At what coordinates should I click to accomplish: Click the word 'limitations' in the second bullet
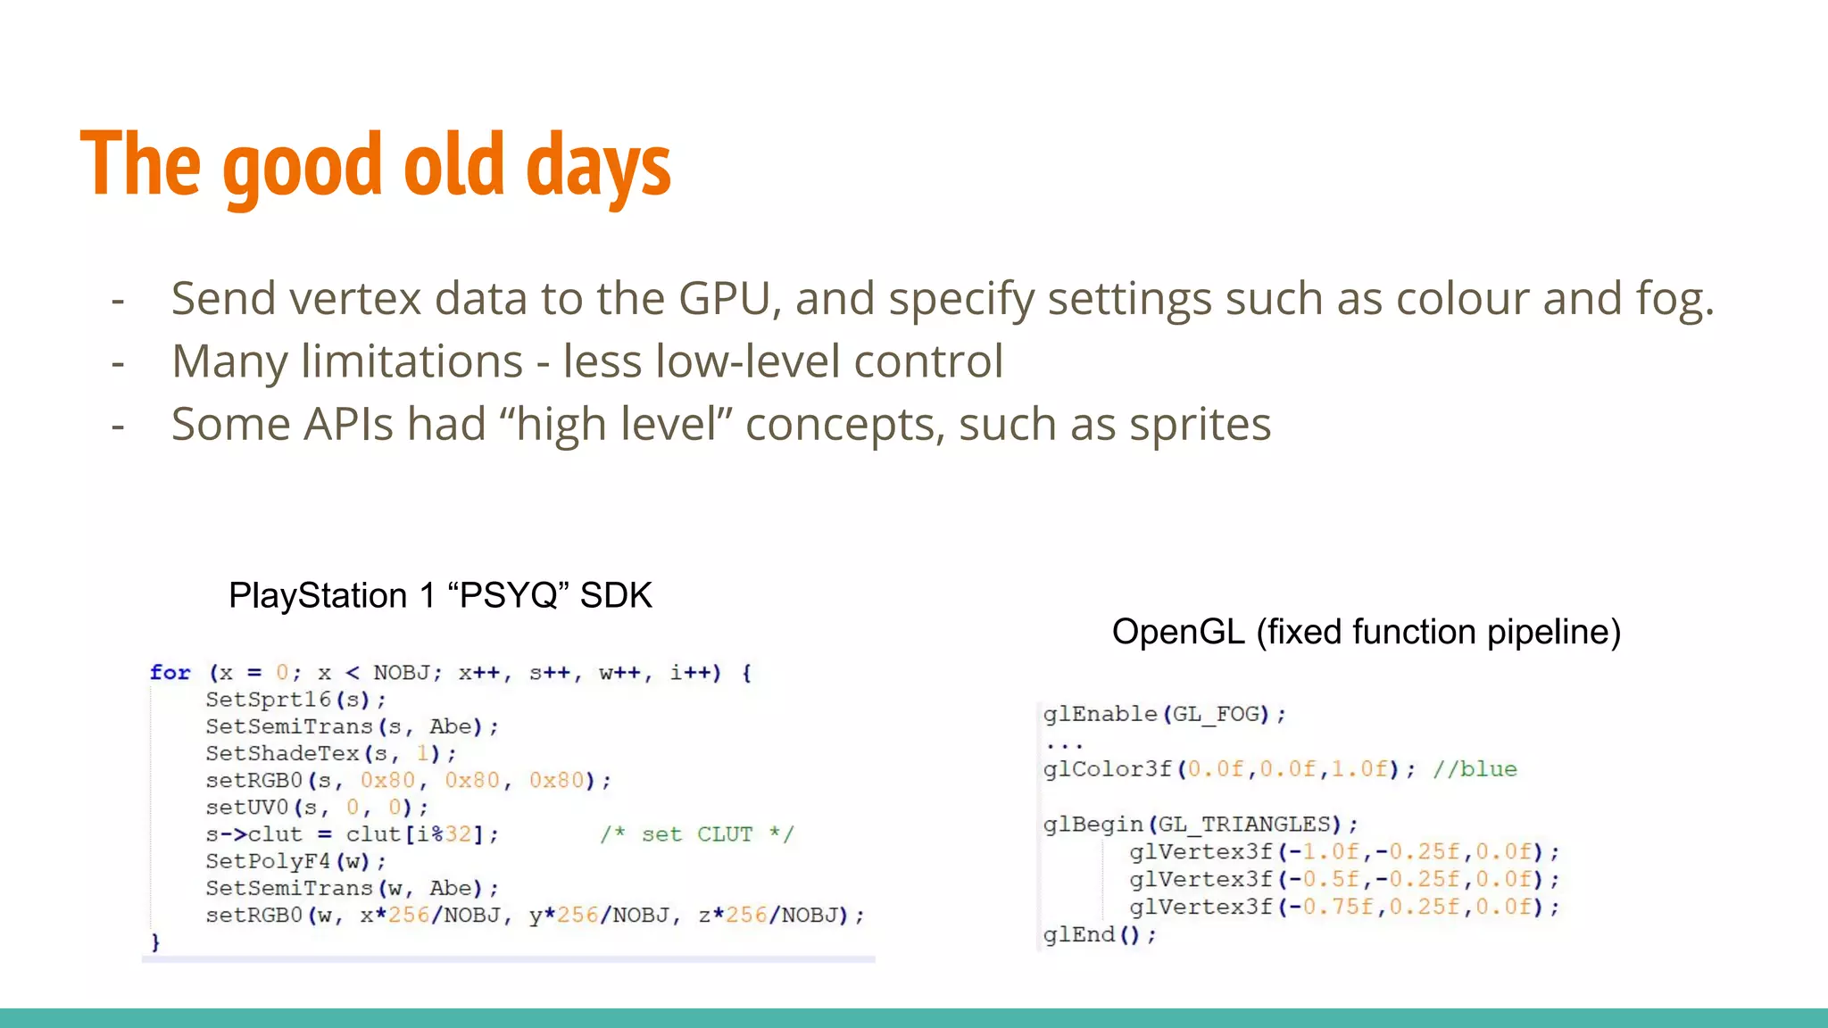pyautogui.click(x=411, y=361)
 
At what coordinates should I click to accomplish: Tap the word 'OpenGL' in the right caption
pyautogui.click(x=1177, y=632)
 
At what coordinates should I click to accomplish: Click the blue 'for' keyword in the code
pyautogui.click(x=170, y=673)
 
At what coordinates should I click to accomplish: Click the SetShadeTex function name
pyautogui.click(x=282, y=753)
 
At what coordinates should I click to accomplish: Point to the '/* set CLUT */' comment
pyautogui.click(x=696, y=834)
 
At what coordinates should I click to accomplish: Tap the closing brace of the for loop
pyautogui.click(x=155, y=942)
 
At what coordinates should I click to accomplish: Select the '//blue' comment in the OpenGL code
pyautogui.click(x=1475, y=769)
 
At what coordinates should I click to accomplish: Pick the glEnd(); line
pyautogui.click(x=1099, y=934)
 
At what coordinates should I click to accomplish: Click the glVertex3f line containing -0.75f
pyautogui.click(x=1343, y=907)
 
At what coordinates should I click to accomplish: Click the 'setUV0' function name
pyautogui.click(x=246, y=808)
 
